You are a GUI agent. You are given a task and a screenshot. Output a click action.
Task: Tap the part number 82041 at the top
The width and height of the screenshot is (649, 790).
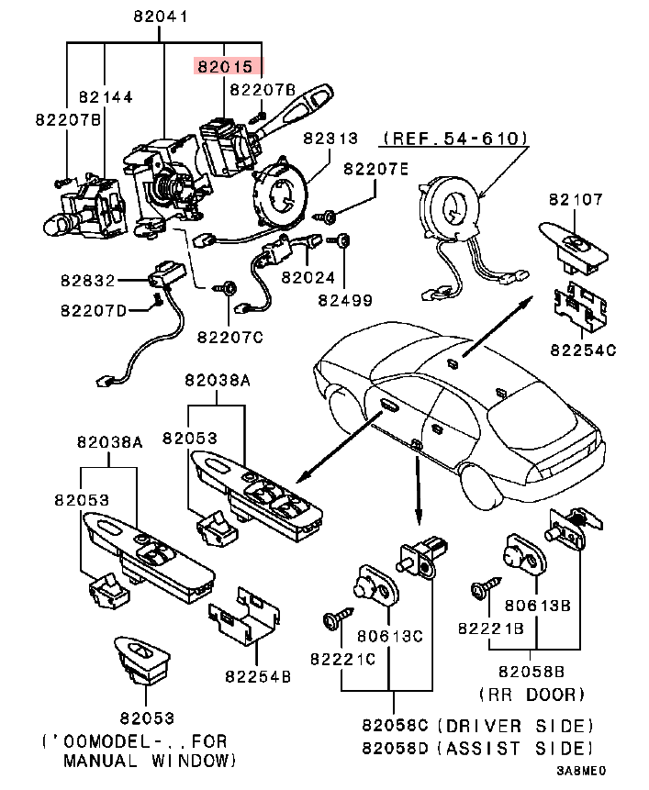pyautogui.click(x=162, y=16)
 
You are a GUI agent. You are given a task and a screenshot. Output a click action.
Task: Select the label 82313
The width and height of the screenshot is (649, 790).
pyautogui.click(x=330, y=138)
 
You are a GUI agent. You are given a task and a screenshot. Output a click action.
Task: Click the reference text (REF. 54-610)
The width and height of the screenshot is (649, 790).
pyautogui.click(x=454, y=138)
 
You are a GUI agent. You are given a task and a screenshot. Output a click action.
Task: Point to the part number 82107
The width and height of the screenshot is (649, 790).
pyautogui.click(x=575, y=199)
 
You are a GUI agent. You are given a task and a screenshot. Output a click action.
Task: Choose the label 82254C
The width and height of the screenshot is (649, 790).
pyautogui.click(x=583, y=350)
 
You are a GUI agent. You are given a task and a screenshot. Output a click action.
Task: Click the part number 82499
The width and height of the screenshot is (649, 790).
pyautogui.click(x=345, y=299)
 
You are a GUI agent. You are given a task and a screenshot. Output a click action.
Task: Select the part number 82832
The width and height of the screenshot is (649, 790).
pyautogui.click(x=90, y=281)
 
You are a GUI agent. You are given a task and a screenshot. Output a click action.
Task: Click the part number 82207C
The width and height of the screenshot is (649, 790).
pyautogui.click(x=230, y=337)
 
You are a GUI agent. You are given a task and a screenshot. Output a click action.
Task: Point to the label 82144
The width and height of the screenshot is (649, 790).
pyautogui.click(x=106, y=95)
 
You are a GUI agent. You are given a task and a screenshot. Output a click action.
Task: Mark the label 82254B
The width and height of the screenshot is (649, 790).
pyautogui.click(x=258, y=676)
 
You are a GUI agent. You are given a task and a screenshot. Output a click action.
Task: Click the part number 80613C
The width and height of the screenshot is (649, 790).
pyautogui.click(x=390, y=634)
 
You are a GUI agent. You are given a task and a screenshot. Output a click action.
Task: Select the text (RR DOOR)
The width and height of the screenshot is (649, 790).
pyautogui.click(x=531, y=694)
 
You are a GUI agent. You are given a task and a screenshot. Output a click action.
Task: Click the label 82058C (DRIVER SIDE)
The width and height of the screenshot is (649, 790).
pyautogui.click(x=477, y=725)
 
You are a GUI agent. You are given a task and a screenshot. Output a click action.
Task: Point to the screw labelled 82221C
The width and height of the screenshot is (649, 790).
pyautogui.click(x=329, y=619)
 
